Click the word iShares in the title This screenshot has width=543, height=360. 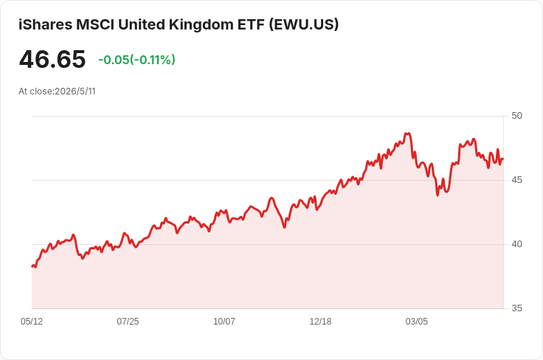coord(45,24)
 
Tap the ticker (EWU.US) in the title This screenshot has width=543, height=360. coord(304,24)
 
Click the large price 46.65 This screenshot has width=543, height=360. coord(52,59)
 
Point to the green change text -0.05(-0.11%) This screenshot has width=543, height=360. coord(136,60)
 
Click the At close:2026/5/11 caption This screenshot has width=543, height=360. coord(57,91)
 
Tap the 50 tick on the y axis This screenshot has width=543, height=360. coord(516,116)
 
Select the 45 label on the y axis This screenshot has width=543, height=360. coord(516,180)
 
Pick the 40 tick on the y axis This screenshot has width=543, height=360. coord(516,244)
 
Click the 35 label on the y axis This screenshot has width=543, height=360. coord(516,308)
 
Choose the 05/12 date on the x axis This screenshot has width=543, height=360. coord(32,322)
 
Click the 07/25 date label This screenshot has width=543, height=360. coord(128,322)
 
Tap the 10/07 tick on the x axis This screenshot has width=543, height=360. coord(224,322)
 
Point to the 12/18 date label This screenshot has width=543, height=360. coord(320,322)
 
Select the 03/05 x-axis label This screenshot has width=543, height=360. coord(417,322)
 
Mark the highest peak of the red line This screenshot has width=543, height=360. coord(407,134)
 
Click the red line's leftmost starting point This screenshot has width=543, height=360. coord(32,266)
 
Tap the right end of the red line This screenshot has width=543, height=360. coord(503,159)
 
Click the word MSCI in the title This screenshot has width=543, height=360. coord(95,24)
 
